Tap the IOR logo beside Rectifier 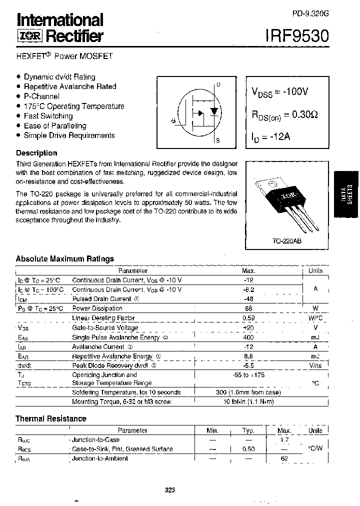tap(29, 36)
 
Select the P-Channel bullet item tap(41, 96)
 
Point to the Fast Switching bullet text tap(48, 116)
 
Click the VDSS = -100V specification tap(280, 92)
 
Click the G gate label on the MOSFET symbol tap(173, 121)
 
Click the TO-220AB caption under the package tap(286, 241)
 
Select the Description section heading tap(36, 153)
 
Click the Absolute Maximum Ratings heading tap(64, 258)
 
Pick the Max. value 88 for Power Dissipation tap(248, 308)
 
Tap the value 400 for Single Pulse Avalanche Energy tap(248, 337)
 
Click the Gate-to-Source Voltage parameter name tap(105, 328)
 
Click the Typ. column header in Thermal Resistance tap(248, 430)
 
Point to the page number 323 tap(169, 490)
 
